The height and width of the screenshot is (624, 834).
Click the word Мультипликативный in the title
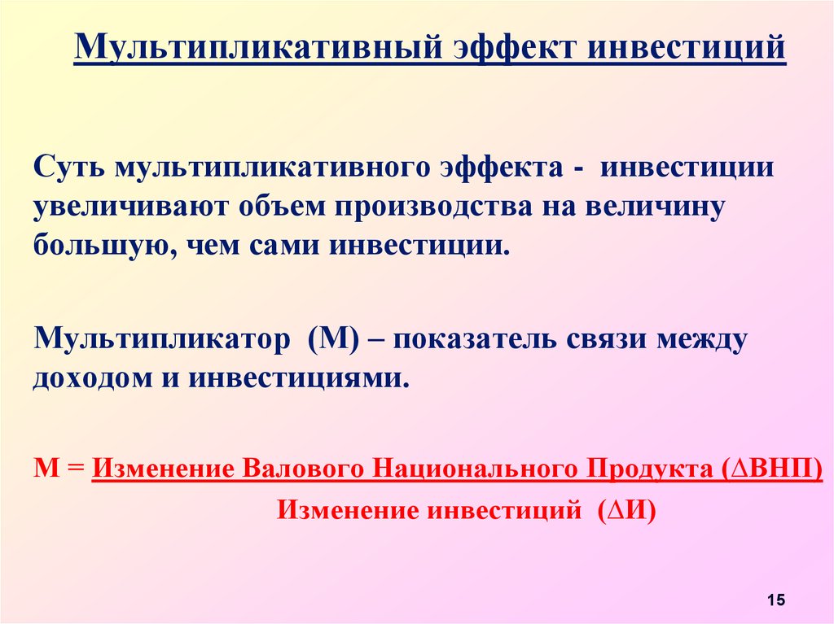pyautogui.click(x=259, y=46)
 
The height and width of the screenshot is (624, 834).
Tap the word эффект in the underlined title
pyautogui.click(x=516, y=46)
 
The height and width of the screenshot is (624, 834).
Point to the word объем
pyautogui.click(x=281, y=206)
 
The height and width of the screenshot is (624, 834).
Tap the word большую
pyautogui.click(x=103, y=245)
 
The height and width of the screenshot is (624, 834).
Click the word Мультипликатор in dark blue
pyautogui.click(x=162, y=339)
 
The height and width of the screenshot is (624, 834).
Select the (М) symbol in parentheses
pyautogui.click(x=333, y=338)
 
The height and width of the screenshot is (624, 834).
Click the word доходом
pyautogui.click(x=93, y=379)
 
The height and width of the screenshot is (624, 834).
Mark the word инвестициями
pyautogui.click(x=300, y=378)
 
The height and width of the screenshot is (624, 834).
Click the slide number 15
pyautogui.click(x=776, y=600)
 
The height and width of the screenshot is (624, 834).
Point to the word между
pyautogui.click(x=701, y=339)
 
